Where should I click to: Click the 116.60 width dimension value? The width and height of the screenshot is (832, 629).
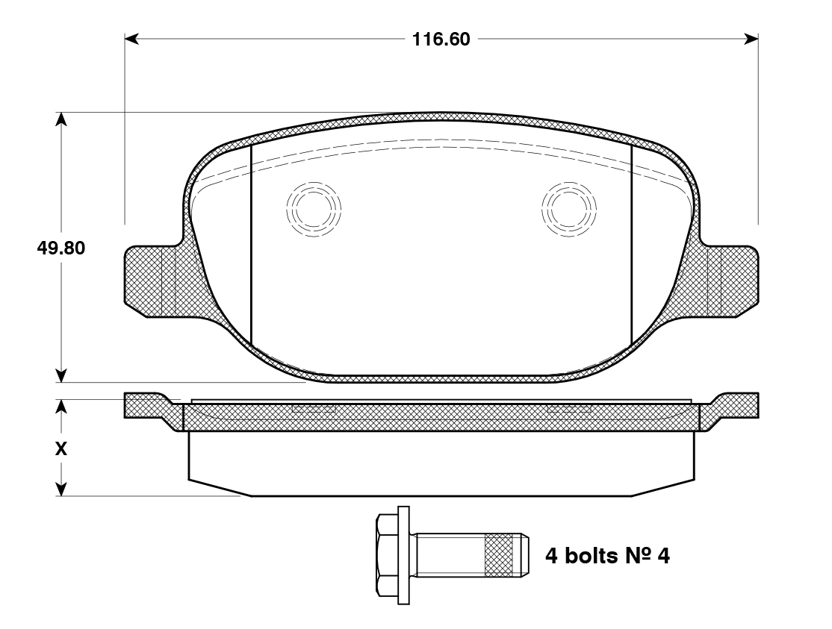point(441,40)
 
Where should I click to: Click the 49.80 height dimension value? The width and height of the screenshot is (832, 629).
point(61,248)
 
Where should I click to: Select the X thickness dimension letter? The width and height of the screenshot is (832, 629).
point(61,449)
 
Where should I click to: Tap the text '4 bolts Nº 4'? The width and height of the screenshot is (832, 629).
point(607,556)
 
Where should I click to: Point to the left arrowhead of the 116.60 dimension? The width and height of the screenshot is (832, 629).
point(131,39)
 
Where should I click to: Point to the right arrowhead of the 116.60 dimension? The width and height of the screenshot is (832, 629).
point(751,39)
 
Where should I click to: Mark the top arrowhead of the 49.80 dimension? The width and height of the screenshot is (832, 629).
point(62,119)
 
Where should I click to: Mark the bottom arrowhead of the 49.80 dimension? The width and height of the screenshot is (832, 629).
point(62,376)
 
